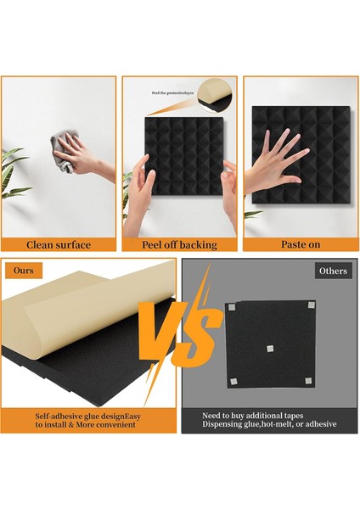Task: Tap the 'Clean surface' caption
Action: [x=59, y=244]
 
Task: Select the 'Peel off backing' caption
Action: [x=180, y=244]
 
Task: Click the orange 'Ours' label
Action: [x=23, y=271]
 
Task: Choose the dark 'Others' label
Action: [x=331, y=271]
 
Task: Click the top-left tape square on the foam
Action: [x=231, y=306]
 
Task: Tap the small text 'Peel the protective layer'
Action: [x=173, y=92]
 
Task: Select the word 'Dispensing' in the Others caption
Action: [x=223, y=424]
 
